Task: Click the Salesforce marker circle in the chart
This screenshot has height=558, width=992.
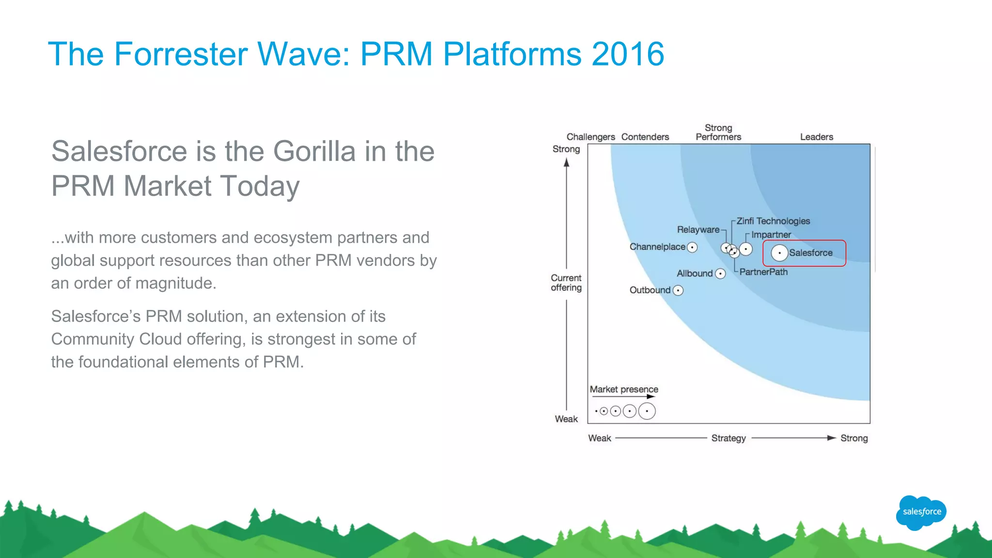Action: point(779,253)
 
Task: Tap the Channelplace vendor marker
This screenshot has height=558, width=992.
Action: point(693,248)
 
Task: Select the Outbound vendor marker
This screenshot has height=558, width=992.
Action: point(678,291)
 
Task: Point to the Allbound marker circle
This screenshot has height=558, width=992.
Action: point(721,274)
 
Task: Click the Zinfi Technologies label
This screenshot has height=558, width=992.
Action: point(773,221)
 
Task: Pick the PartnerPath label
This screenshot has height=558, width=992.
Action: point(763,272)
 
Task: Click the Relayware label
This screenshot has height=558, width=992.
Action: point(698,230)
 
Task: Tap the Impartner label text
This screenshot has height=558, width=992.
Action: point(771,235)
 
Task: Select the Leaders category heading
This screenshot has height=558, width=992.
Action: point(817,137)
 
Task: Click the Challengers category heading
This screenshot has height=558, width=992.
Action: point(590,137)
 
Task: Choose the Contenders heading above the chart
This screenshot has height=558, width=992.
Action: point(645,137)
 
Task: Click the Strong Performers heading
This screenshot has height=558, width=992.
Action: point(718,132)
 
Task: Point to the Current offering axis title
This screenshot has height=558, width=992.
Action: point(566,283)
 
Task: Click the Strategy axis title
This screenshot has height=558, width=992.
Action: point(728,438)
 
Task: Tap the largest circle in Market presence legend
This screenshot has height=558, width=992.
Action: point(647,411)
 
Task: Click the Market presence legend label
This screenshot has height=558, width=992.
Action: point(624,389)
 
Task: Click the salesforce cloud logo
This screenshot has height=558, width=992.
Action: point(921,512)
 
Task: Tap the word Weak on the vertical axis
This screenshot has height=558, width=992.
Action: point(566,419)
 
